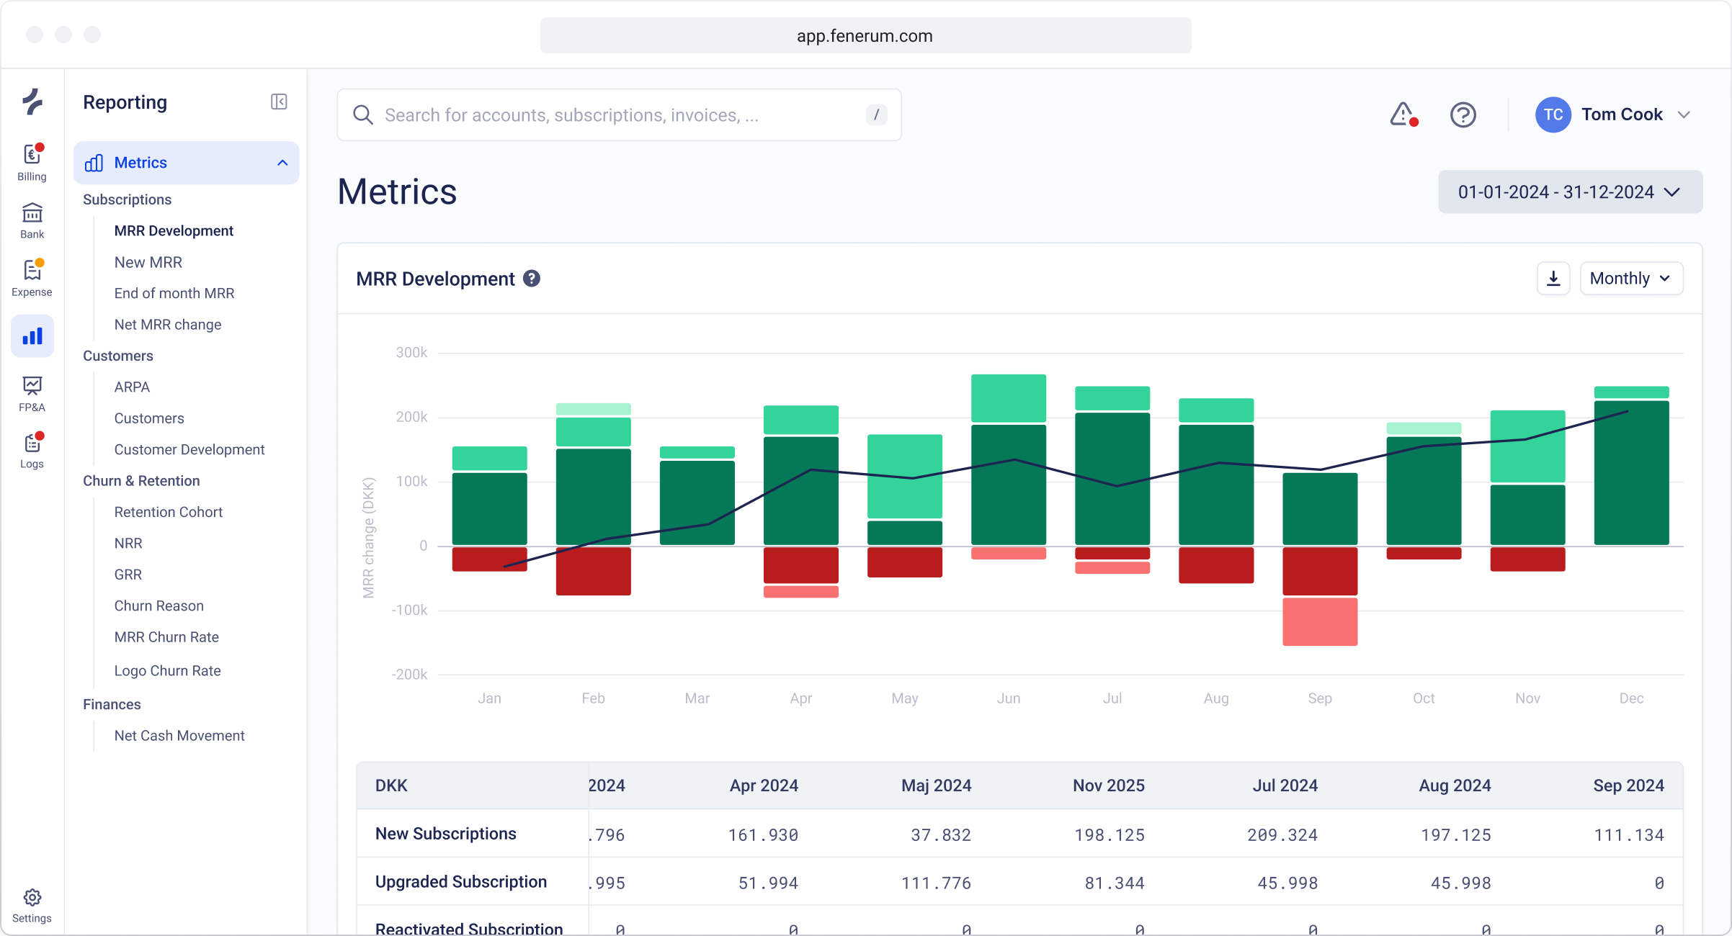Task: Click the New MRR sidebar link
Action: pos(148,262)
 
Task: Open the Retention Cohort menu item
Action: pos(168,512)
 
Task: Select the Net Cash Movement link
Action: pos(179,736)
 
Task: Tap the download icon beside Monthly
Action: pos(1553,279)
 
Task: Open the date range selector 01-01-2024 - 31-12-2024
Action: pos(1570,192)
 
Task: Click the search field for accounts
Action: pos(620,115)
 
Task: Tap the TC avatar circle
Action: pos(1553,115)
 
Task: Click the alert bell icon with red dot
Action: pos(1403,114)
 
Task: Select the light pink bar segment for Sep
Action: pos(1320,622)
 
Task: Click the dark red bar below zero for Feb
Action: pos(593,571)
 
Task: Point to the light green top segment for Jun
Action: pos(1008,397)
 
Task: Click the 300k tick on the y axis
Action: pos(411,353)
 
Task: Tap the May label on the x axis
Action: pos(904,698)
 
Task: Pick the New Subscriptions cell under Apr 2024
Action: pos(763,834)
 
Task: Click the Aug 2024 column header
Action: pos(1455,786)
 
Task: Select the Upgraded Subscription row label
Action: pos(461,882)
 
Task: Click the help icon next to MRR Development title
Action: pos(532,279)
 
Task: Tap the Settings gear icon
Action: pos(32,898)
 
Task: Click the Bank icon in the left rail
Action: pos(32,213)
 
